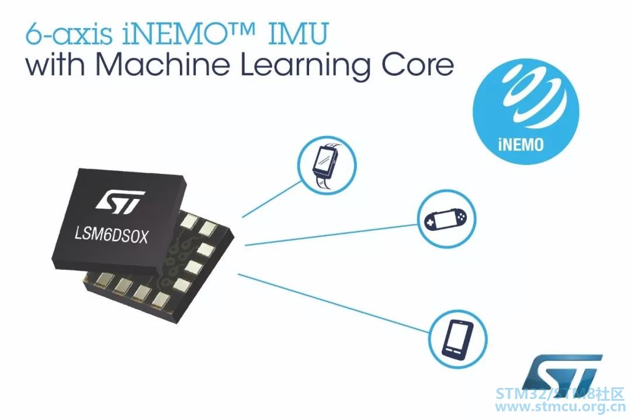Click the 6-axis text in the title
[69, 34]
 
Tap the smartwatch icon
[327, 165]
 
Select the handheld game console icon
[446, 219]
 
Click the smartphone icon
[457, 339]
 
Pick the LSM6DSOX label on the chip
[112, 235]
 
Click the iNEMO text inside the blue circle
[521, 144]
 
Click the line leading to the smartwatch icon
[272, 199]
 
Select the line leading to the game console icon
[331, 235]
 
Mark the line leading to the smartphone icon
[334, 303]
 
